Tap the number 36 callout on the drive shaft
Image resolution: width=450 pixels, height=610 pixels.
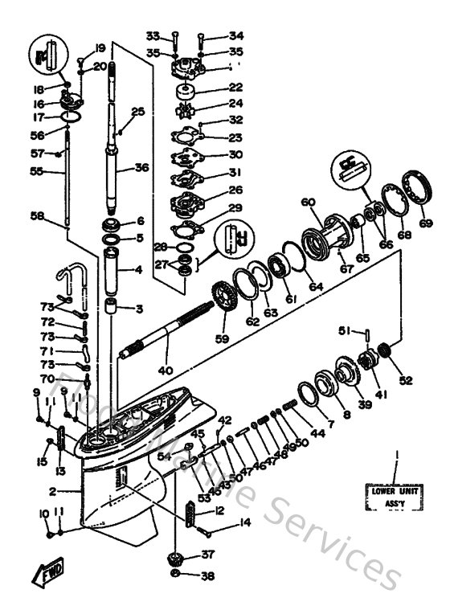click(x=141, y=168)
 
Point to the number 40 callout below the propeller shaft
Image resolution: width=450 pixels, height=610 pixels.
click(x=166, y=371)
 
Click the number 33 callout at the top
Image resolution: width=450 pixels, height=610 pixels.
click(x=153, y=35)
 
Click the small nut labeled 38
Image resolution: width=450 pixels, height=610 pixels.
click(x=176, y=575)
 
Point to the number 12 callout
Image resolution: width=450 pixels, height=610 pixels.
click(x=219, y=511)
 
